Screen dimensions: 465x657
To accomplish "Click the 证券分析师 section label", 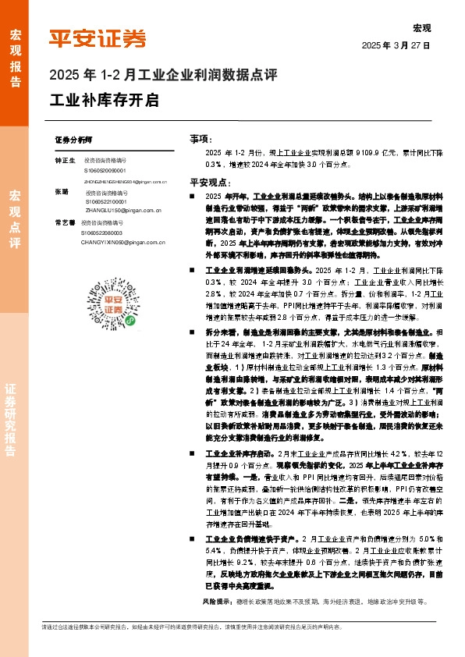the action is pos(74,138).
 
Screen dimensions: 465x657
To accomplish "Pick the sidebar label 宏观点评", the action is pos(15,218).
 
